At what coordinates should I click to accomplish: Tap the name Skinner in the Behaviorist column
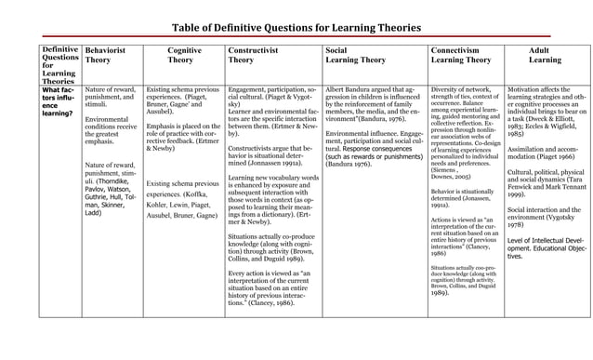[x=122, y=205]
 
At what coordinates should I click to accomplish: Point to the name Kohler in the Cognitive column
[x=160, y=204]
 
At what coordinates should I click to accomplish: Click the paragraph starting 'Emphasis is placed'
[x=183, y=136]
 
